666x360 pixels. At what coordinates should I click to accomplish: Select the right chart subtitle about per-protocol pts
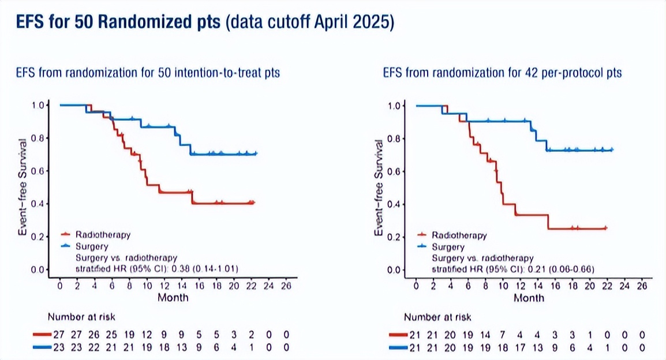[x=502, y=73]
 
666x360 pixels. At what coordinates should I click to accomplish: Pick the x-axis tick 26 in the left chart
[x=286, y=286]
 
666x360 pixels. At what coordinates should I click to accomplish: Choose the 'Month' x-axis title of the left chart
[x=173, y=298]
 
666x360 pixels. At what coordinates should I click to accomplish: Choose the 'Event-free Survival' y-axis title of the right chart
[x=379, y=187]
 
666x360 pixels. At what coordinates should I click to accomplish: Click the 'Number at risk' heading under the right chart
[x=437, y=317]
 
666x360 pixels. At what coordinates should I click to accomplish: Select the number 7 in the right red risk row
[x=504, y=334]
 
